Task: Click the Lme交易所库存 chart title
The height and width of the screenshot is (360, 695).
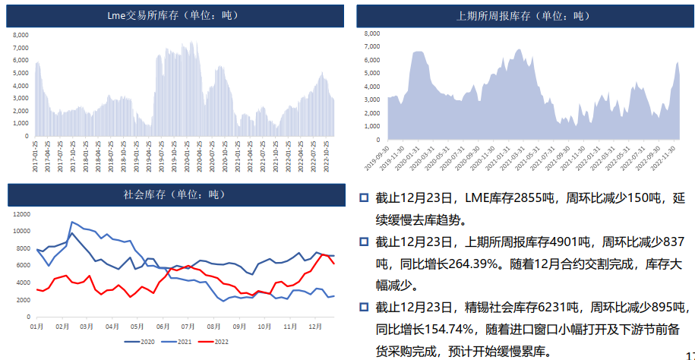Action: click(x=174, y=14)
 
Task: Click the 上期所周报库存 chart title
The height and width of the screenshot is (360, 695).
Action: click(x=523, y=15)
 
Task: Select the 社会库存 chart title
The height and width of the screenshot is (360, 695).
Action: click(x=174, y=194)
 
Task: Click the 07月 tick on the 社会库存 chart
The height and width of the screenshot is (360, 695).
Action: click(x=188, y=325)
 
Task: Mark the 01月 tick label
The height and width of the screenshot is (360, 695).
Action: click(x=36, y=325)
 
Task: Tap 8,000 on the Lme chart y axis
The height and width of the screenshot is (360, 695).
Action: click(x=21, y=34)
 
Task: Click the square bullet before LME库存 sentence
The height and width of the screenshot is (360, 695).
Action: click(x=364, y=198)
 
